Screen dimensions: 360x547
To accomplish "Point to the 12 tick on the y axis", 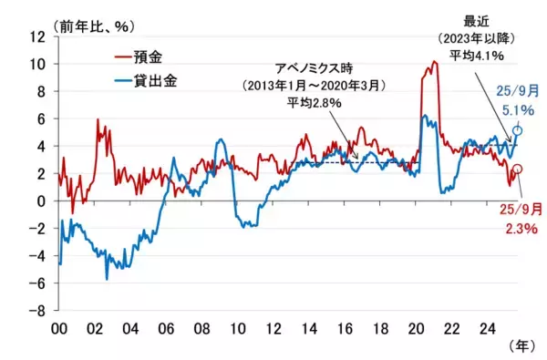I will [38, 36].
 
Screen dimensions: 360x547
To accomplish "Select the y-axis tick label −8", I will [38, 310].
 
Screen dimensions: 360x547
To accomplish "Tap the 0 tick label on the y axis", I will [42, 201].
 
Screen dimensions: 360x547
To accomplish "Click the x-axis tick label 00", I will [59, 326].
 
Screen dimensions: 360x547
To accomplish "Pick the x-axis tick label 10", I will [239, 326].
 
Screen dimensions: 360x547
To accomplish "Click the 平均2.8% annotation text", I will [313, 103].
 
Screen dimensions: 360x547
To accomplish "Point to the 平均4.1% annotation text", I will [480, 57].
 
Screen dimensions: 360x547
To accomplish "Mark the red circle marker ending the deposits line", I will [518, 170].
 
